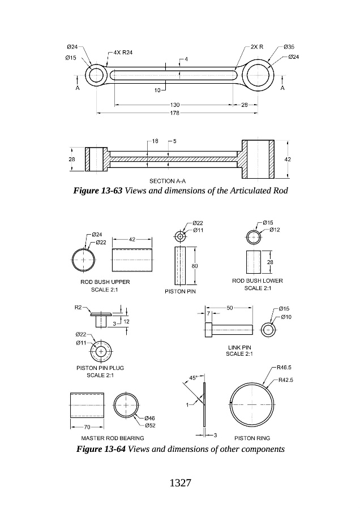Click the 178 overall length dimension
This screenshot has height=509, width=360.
175,114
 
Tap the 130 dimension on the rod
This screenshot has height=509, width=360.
175,105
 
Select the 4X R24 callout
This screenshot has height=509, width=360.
123,52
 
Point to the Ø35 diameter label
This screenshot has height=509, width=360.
289,46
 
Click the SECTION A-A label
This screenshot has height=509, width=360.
168,181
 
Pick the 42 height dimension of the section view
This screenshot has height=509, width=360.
288,159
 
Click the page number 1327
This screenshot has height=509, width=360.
180,483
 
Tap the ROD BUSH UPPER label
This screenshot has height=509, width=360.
105,282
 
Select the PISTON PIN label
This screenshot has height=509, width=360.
180,292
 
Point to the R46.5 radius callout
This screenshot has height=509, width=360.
285,367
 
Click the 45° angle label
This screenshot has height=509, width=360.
192,378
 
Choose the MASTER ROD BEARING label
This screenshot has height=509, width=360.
113,438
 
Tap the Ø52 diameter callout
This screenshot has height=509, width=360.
150,425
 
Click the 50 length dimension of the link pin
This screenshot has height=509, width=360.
230,308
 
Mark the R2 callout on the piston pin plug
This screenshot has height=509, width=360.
79,307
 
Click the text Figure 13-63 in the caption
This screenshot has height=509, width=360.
98,191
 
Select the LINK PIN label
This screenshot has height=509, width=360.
239,347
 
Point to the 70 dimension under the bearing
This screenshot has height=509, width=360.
87,426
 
